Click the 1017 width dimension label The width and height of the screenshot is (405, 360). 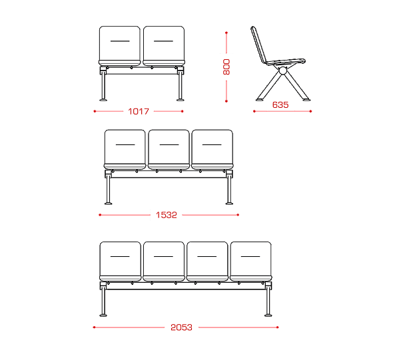(x=139, y=112)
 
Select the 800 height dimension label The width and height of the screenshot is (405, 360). (x=226, y=67)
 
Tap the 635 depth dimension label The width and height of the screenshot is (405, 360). (x=280, y=104)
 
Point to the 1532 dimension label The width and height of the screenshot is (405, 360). (x=167, y=215)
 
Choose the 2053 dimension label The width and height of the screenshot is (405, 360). (x=181, y=327)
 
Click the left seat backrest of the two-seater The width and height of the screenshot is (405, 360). (x=120, y=43)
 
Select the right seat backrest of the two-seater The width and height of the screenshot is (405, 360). (x=164, y=43)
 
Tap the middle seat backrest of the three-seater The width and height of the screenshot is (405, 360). (x=169, y=147)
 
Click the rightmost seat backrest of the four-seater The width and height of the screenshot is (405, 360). (x=251, y=259)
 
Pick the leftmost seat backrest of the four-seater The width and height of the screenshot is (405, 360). (x=120, y=259)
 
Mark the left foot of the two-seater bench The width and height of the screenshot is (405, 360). (x=103, y=99)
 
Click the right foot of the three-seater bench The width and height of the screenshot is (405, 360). (x=229, y=203)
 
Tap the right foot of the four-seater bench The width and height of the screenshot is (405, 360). (x=268, y=315)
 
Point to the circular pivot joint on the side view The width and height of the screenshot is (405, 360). (x=283, y=71)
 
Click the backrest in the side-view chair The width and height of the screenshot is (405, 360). (x=259, y=45)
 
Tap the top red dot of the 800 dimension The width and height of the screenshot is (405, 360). (x=226, y=33)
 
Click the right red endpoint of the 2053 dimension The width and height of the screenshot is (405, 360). (x=277, y=327)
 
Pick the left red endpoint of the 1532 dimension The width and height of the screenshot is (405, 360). (x=100, y=215)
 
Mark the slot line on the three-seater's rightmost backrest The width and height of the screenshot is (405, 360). (x=212, y=145)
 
